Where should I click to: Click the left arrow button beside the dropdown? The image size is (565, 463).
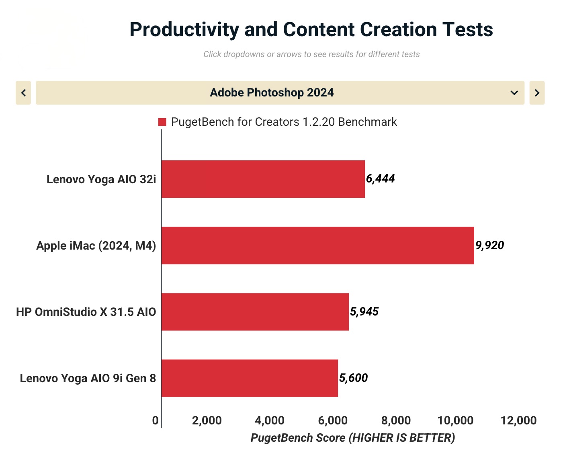pos(23,93)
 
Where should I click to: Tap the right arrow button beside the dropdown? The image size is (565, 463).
pos(537,93)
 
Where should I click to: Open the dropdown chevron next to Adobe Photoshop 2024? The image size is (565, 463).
pos(514,93)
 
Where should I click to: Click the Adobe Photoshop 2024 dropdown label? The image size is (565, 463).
pos(272,92)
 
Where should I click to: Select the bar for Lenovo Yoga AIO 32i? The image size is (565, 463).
pos(263,179)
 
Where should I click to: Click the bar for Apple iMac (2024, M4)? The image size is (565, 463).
pos(318,246)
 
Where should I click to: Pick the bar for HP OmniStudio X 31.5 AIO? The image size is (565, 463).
pos(255,312)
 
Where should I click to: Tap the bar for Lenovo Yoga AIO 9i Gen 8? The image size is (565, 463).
pos(250,378)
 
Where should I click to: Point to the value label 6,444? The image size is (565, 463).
pos(380,179)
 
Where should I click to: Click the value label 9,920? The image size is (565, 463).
pos(489,245)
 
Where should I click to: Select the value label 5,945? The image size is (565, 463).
pos(364,311)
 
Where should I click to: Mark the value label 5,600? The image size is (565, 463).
pos(353,378)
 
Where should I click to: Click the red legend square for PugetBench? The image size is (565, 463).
pos(162,122)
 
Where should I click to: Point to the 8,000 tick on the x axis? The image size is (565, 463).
pos(396,421)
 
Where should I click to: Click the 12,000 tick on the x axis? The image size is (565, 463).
pos(518,421)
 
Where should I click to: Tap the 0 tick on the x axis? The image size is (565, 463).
pos(155,421)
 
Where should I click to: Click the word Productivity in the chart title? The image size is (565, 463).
pos(184,29)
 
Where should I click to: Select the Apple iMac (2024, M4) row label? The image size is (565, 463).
pos(96,246)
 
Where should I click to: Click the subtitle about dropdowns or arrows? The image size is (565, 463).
pos(311,54)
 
